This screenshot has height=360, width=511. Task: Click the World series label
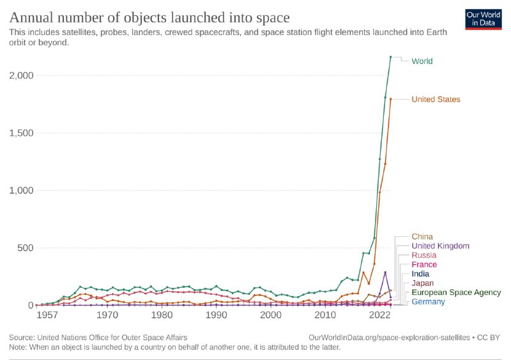coord(422,61)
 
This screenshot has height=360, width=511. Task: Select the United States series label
coord(436,100)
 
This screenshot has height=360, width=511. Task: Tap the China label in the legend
coord(422,237)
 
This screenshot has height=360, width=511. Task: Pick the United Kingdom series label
coord(441,246)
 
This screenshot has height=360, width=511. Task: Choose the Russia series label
coord(424,255)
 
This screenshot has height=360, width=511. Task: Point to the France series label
coord(424,264)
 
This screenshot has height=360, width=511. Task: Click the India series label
coord(421,274)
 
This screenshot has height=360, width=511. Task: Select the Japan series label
coord(423,283)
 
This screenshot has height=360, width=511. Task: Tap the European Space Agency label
coord(456,292)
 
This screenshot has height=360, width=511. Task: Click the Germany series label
coord(428,301)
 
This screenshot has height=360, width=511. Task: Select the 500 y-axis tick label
coord(26,248)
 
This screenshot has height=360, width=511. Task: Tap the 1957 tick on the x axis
coord(47,315)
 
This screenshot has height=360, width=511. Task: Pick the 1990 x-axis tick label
coord(217,315)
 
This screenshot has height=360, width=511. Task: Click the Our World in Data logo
coord(483,20)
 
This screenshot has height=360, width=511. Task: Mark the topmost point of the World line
coord(391,57)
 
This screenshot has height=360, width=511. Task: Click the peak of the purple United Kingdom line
coord(385,273)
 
